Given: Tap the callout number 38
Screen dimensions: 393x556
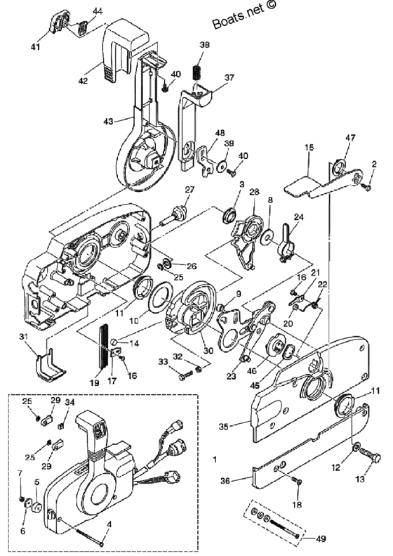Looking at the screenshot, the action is (x=205, y=45).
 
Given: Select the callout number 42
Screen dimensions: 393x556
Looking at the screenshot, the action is (x=83, y=81).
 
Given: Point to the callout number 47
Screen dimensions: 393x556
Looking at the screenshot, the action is (x=351, y=137).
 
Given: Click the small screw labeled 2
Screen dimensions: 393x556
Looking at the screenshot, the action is (x=368, y=187).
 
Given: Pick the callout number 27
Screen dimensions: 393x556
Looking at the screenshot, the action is (x=189, y=189).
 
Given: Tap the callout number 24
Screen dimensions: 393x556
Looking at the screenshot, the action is (x=298, y=216).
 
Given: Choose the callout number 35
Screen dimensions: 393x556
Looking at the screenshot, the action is (x=223, y=427).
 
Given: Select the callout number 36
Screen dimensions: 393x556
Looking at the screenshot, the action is (x=225, y=481).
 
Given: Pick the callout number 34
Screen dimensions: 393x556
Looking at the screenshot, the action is (x=69, y=402).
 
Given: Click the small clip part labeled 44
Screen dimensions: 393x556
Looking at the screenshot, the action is (x=82, y=27).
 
